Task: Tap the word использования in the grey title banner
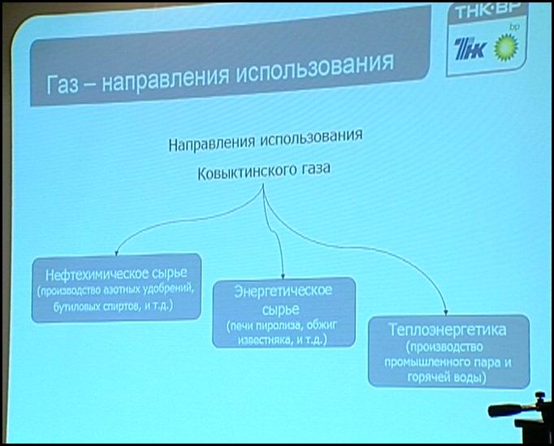tap(315, 68)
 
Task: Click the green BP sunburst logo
tap(506, 48)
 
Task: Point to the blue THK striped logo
tap(470, 50)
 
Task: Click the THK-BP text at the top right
tap(487, 11)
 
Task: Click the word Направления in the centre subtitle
tap(211, 143)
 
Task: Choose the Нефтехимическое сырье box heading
tap(116, 274)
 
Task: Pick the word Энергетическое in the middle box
tap(283, 291)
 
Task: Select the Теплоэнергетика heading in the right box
tap(448, 329)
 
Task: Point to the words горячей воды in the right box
tap(447, 378)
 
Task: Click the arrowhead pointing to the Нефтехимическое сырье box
tap(116, 253)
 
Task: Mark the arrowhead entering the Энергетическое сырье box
tap(283, 275)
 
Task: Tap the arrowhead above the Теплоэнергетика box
tap(446, 313)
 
